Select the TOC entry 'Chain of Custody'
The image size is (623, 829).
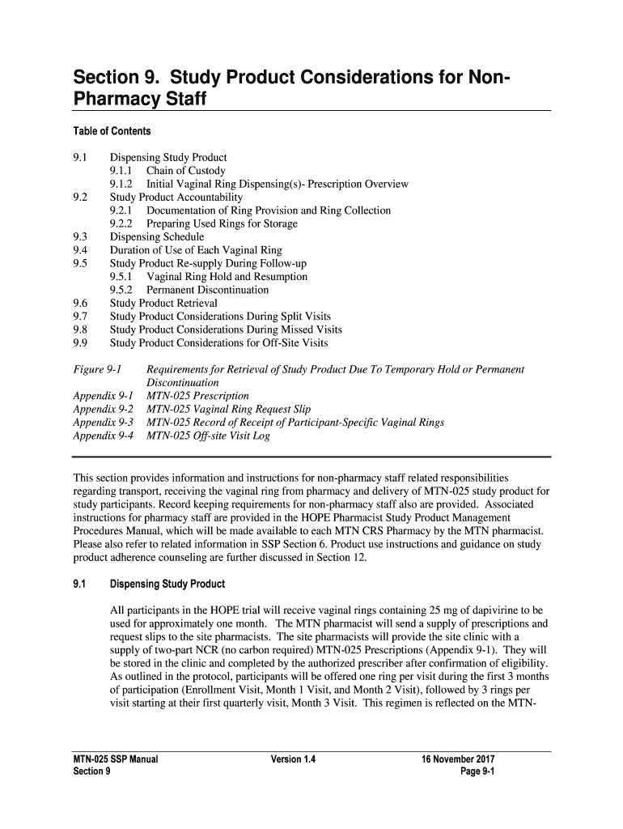point(185,171)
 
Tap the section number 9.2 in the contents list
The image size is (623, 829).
point(80,198)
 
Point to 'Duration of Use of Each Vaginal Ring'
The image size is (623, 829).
point(196,250)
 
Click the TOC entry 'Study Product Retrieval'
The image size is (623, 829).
point(164,303)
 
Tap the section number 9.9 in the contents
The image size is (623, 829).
point(80,342)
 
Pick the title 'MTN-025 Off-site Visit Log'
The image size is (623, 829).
point(208,436)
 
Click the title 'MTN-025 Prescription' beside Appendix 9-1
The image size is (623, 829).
point(197,397)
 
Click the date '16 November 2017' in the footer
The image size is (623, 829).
point(458,759)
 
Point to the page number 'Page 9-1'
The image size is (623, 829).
point(477,772)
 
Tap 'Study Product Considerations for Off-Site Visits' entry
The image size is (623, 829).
point(218,342)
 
